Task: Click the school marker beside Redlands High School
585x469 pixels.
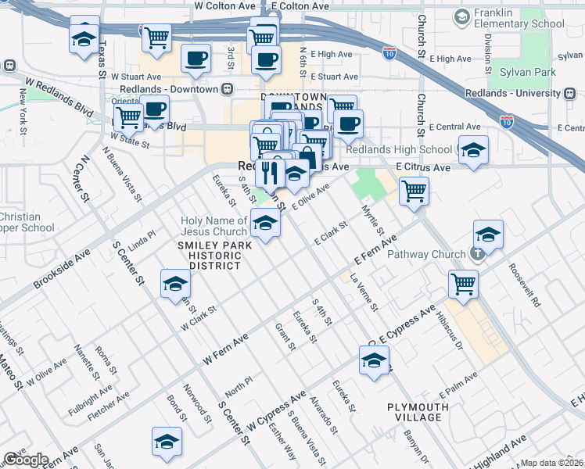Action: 473,151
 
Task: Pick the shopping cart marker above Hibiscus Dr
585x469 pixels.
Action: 463,285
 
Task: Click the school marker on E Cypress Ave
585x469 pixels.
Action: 375,362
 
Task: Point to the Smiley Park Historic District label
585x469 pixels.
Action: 209,256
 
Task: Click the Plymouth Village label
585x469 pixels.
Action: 418,412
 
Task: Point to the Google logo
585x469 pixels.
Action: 26,460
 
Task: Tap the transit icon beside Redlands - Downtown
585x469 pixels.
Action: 227,89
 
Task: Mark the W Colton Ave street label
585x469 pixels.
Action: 225,5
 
